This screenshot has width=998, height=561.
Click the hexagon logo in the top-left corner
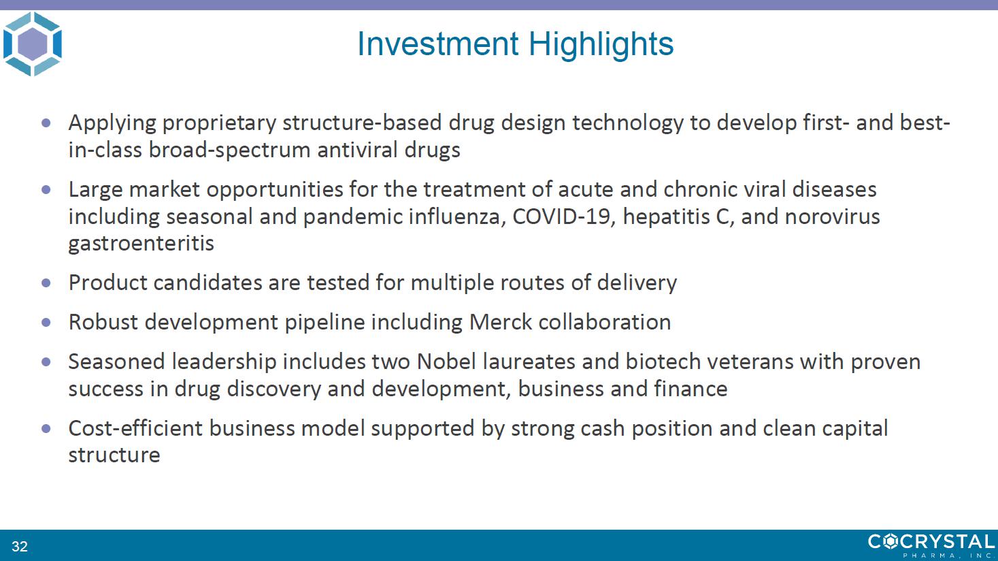tap(33, 44)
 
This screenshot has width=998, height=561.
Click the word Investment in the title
tap(438, 44)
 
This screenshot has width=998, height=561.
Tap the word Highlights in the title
tap(601, 45)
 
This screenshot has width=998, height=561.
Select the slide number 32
tap(20, 546)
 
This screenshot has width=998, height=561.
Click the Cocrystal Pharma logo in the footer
tap(931, 545)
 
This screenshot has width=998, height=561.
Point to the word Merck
tap(500, 322)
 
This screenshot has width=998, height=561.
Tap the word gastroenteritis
tap(142, 244)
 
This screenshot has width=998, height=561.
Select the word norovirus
tap(832, 217)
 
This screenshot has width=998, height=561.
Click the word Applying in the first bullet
tap(112, 123)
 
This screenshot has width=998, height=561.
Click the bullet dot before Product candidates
tap(46, 283)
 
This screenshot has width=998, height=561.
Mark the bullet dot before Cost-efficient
tap(46, 428)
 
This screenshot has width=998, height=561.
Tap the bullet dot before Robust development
tap(46, 322)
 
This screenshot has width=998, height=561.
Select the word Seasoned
tap(117, 362)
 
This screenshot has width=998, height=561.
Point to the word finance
tap(691, 389)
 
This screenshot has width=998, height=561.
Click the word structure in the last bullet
tap(114, 455)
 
